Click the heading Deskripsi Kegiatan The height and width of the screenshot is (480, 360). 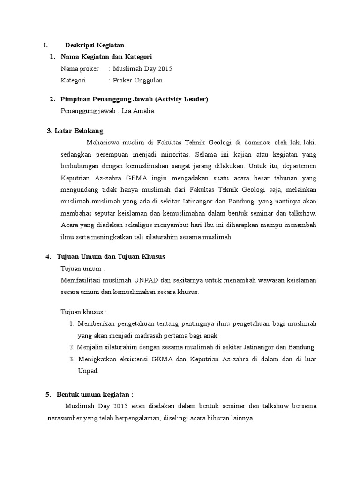(x=94, y=45)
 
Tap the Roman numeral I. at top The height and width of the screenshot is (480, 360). (x=45, y=45)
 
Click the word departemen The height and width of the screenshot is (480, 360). (x=297, y=166)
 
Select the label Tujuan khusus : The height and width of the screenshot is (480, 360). (x=84, y=312)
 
